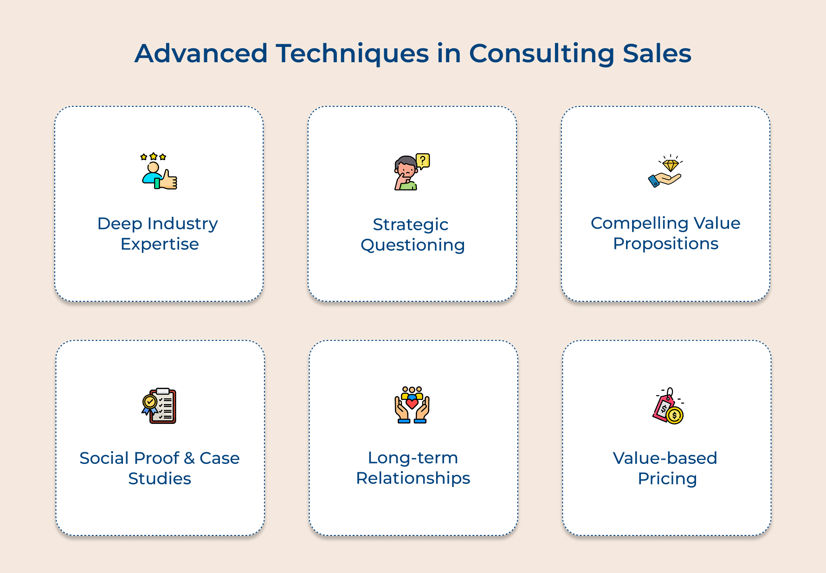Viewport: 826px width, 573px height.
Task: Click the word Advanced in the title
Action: click(201, 53)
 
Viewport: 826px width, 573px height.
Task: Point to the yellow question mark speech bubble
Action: click(423, 161)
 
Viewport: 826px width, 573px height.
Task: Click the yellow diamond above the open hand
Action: click(671, 165)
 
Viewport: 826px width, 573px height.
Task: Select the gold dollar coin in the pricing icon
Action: click(674, 415)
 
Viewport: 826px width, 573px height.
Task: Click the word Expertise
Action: click(160, 244)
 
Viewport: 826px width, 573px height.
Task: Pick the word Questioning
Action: click(413, 245)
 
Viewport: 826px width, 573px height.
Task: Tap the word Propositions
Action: click(665, 244)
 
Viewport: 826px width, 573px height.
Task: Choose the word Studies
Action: click(160, 479)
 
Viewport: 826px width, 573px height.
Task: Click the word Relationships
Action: click(413, 478)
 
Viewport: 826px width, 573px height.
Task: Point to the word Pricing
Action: click(667, 479)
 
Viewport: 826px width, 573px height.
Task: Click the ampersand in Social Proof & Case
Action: click(189, 458)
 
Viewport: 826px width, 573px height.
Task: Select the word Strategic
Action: click(411, 225)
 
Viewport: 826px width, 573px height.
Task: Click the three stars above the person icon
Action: click(153, 157)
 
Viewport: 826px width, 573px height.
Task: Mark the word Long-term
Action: click(413, 458)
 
